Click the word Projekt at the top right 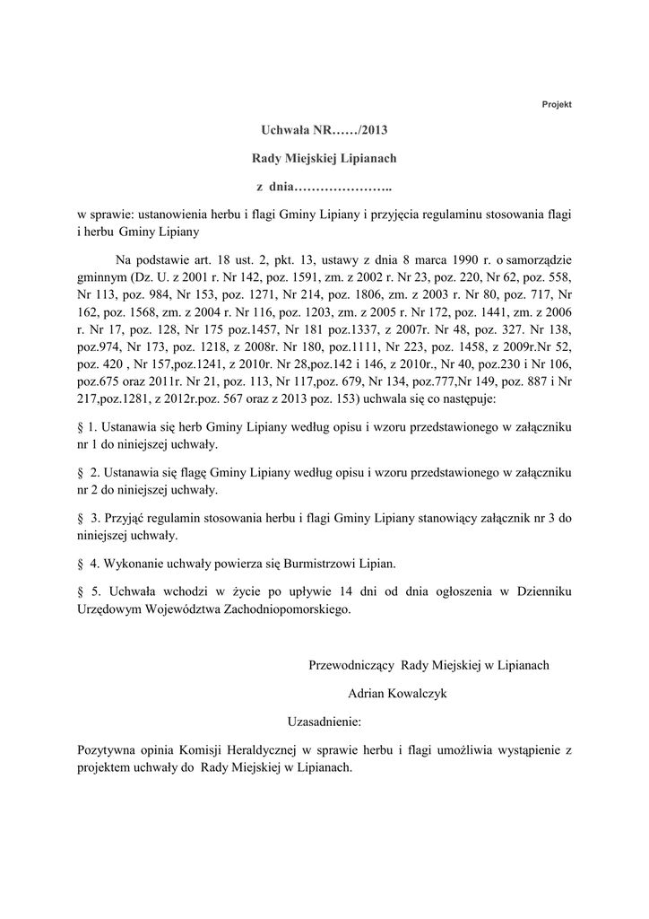(x=557, y=104)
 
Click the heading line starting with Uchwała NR (x=324, y=130)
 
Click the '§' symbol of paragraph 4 (x=82, y=564)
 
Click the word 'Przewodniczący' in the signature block (x=351, y=665)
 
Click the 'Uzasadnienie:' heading (x=324, y=721)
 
